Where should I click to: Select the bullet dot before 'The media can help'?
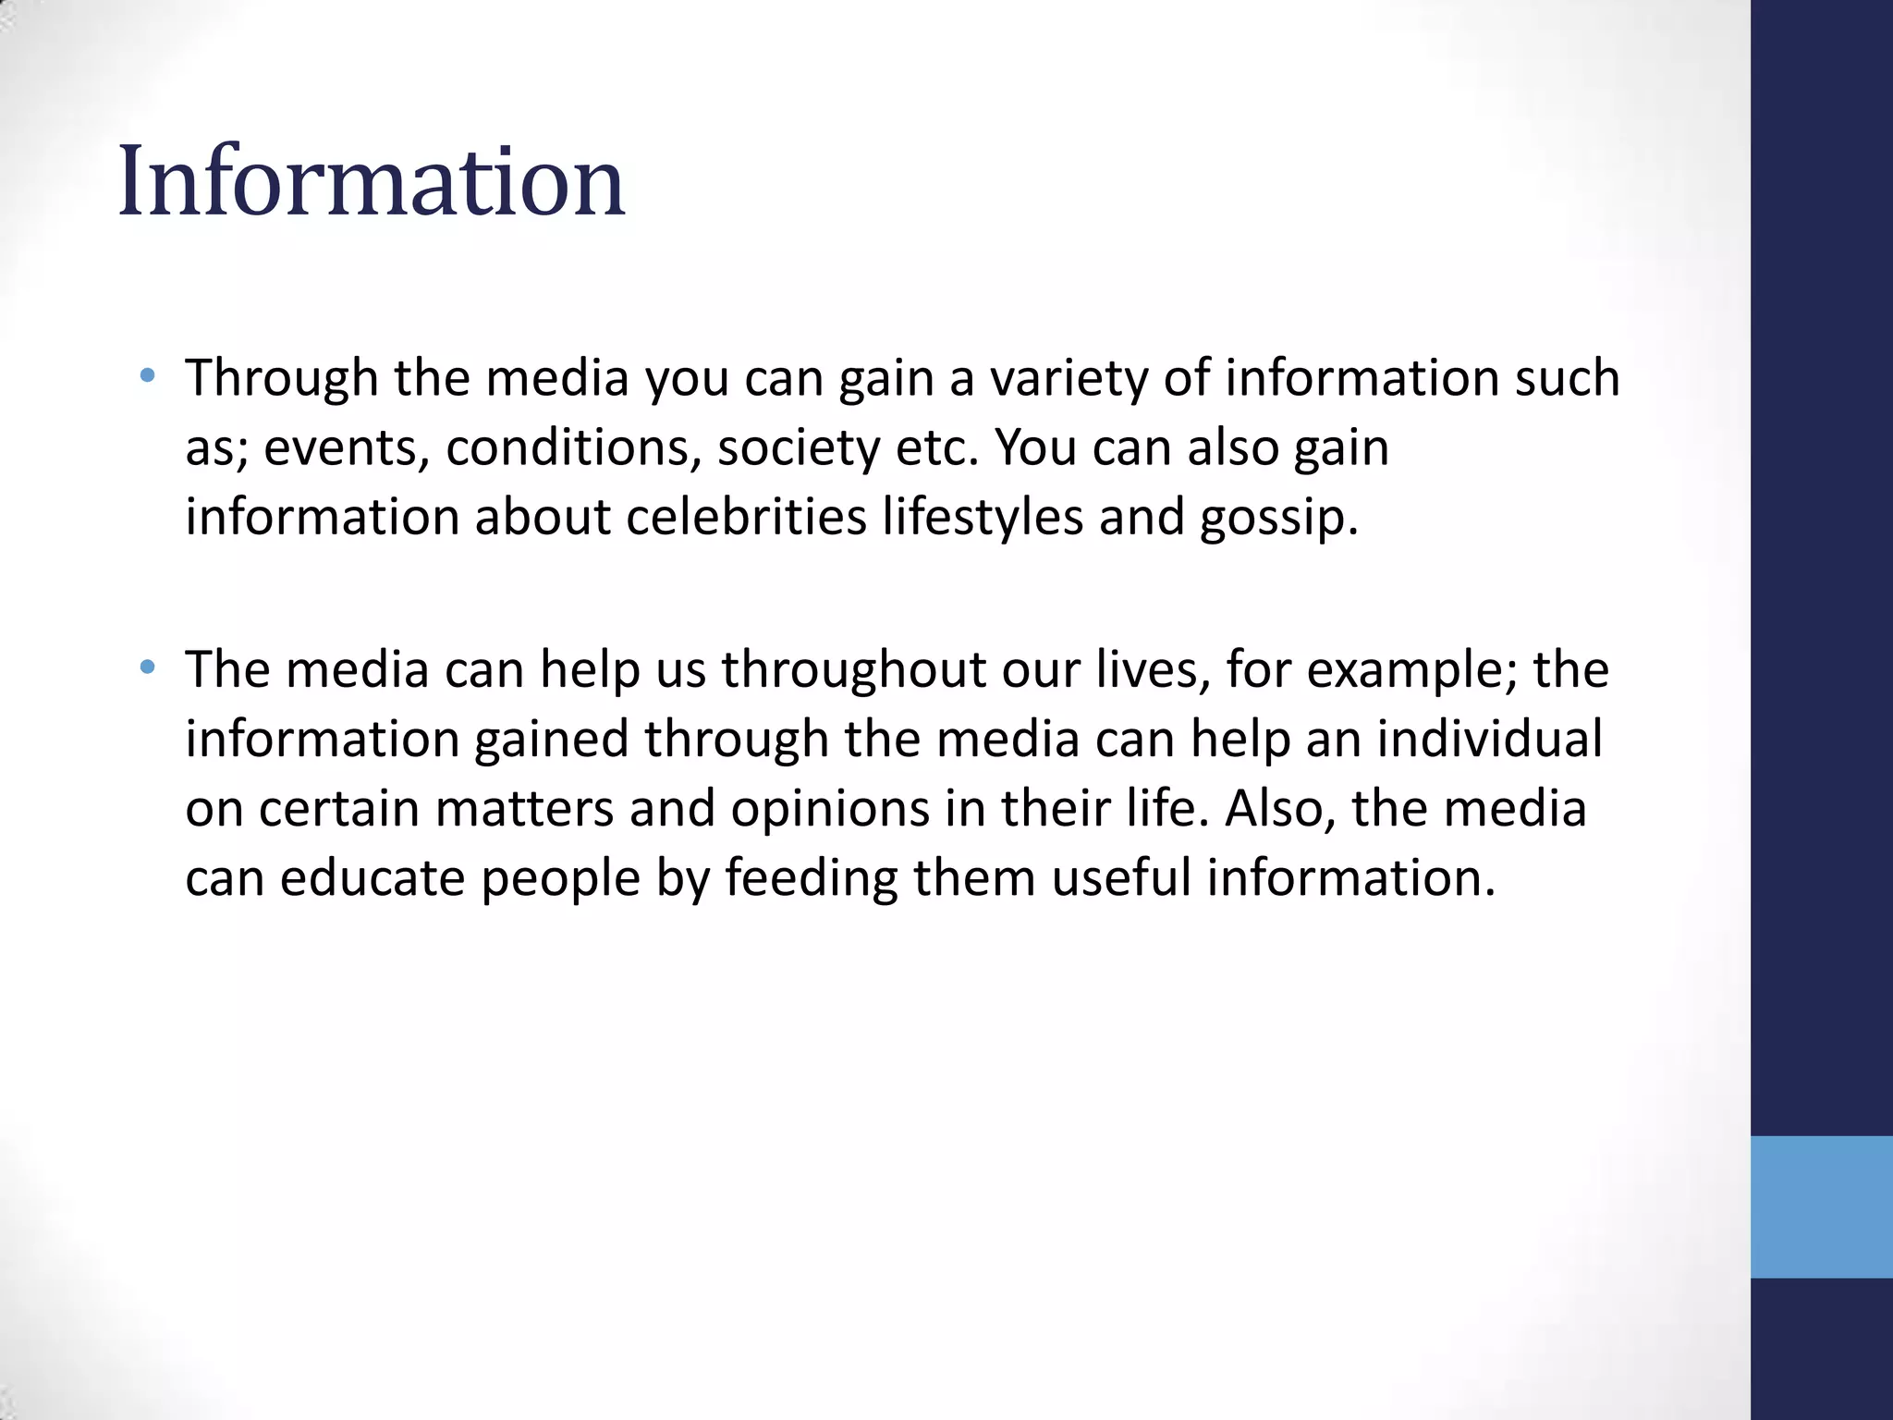[147, 667]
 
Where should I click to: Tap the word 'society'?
[799, 448]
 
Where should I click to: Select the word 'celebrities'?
[746, 517]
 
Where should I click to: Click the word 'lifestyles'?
[982, 517]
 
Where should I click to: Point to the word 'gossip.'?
[1279, 519]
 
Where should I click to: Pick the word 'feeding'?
[811, 878]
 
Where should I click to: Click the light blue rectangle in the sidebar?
[1821, 1206]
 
